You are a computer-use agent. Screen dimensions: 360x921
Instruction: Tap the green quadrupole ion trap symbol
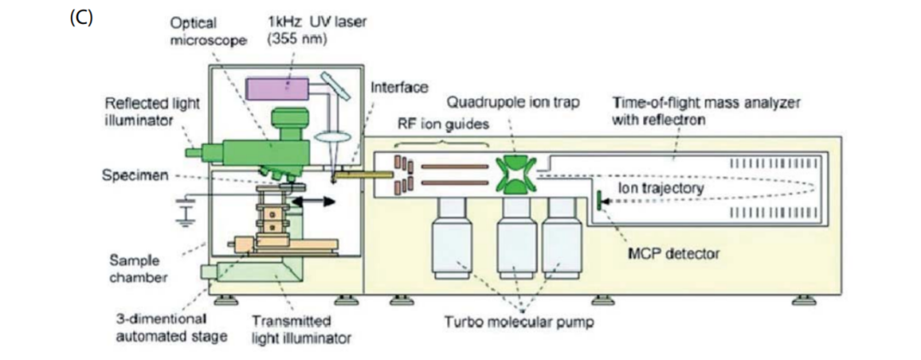tap(515, 176)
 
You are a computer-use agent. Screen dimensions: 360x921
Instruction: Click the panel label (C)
tap(80, 18)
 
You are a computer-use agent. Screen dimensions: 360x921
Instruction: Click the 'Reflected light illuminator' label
tap(153, 111)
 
